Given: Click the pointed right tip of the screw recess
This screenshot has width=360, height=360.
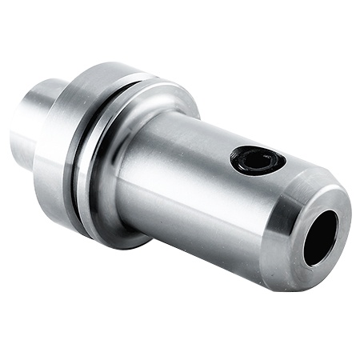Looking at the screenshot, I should coord(284,163).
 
